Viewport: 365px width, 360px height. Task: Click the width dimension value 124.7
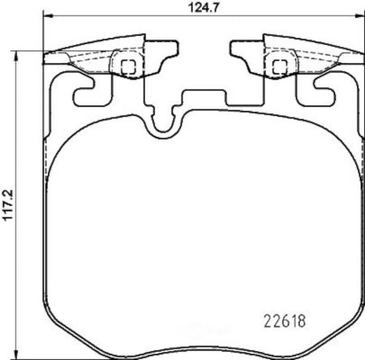203,8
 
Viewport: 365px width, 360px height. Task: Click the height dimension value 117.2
8,205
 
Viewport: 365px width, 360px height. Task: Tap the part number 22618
285,321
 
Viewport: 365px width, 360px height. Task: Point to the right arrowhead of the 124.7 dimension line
360,16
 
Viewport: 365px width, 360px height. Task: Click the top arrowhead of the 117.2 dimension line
16,55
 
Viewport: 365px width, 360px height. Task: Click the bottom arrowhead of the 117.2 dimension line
16,354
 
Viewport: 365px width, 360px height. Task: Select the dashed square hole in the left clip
128,67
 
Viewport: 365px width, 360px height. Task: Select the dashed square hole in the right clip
280,67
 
